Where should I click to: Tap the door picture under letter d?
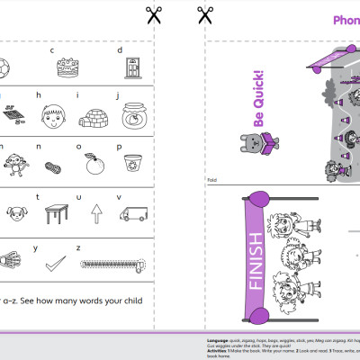132,67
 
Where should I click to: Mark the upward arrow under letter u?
95,214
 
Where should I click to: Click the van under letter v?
134,214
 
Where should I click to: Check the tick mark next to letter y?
56,263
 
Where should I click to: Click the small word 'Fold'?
212,179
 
